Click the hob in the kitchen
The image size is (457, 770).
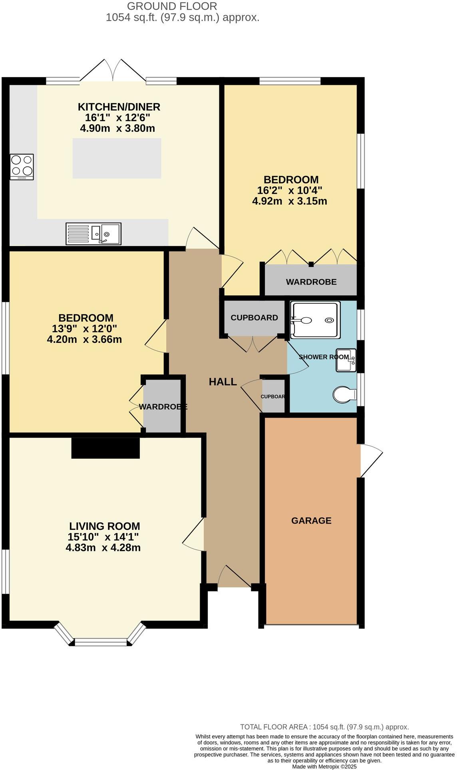[22, 167]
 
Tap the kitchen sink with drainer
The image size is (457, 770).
[93, 233]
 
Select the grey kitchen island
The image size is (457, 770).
[117, 158]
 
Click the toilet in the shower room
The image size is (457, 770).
[344, 395]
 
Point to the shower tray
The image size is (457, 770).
[316, 320]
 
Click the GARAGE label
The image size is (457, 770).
[311, 521]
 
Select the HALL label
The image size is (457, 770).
[223, 382]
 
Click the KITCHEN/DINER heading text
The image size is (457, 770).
[119, 107]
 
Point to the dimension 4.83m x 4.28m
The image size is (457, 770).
[103, 547]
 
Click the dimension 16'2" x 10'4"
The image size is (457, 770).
[290, 190]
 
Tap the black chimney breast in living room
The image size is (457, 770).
[105, 448]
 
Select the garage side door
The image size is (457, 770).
[371, 460]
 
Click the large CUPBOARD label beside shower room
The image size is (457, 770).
[254, 318]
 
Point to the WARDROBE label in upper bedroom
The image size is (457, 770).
[311, 282]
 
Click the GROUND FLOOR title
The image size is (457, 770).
[172, 6]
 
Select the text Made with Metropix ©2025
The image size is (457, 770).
[324, 766]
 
